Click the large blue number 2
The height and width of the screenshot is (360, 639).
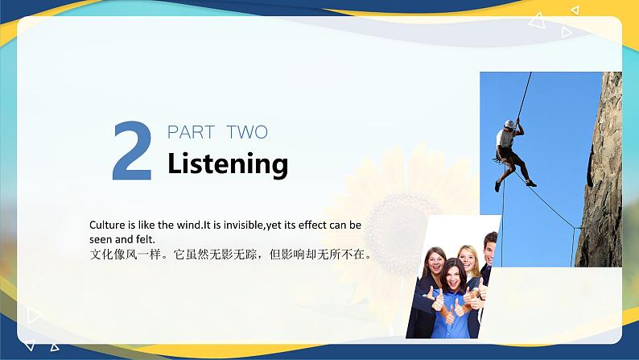(132, 151)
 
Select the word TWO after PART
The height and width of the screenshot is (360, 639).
(247, 132)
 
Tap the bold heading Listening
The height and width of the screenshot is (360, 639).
(228, 163)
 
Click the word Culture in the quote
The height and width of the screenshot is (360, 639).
(108, 225)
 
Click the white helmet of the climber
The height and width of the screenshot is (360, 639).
(509, 124)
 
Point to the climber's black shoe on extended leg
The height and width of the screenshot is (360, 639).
(530, 183)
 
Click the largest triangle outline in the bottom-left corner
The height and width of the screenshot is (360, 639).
(33, 315)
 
